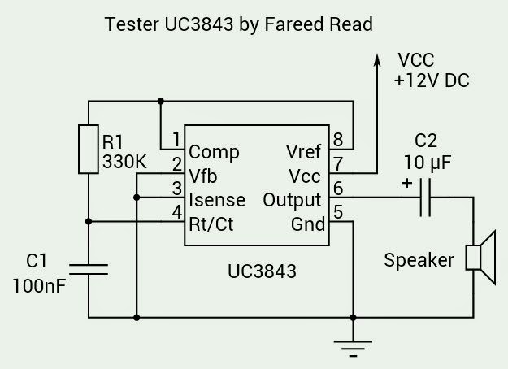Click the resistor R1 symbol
click(89, 149)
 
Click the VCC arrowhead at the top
click(378, 60)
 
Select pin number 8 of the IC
click(337, 138)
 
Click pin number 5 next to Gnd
click(337, 212)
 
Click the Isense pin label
click(216, 200)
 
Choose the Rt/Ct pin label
click(211, 224)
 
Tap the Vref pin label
click(303, 152)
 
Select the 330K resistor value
click(124, 162)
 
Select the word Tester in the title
click(130, 24)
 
